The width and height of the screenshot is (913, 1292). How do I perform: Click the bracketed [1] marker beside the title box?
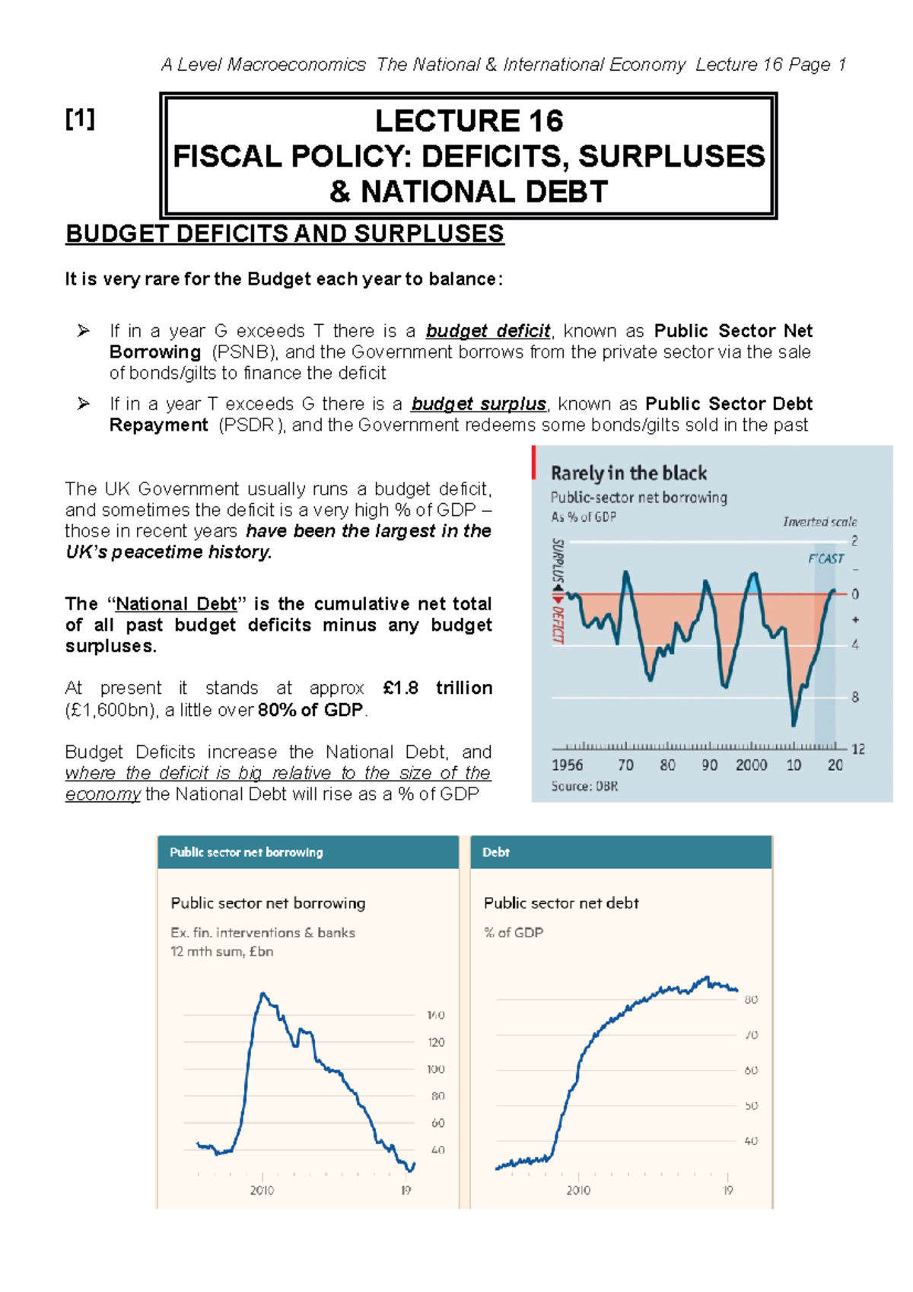pyautogui.click(x=80, y=119)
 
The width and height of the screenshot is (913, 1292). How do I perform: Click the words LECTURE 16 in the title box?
pyautogui.click(x=469, y=121)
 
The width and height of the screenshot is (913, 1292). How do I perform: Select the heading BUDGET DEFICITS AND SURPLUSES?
pyautogui.click(x=285, y=234)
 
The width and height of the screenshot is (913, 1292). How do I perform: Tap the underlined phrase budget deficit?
pyautogui.click(x=488, y=331)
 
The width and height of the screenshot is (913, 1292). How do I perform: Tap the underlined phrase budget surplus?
pyautogui.click(x=479, y=404)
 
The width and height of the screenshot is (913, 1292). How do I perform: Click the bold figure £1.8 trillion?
pyautogui.click(x=437, y=688)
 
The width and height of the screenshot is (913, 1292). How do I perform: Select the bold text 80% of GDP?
pyautogui.click(x=310, y=710)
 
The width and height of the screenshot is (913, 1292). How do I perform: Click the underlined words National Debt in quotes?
pyautogui.click(x=176, y=604)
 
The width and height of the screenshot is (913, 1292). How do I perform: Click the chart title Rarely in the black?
pyautogui.click(x=628, y=473)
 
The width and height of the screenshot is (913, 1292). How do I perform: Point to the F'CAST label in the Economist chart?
pyautogui.click(x=826, y=558)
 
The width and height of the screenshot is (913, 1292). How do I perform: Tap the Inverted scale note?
pyautogui.click(x=819, y=522)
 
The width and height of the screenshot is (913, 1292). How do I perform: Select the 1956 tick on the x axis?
pyautogui.click(x=567, y=765)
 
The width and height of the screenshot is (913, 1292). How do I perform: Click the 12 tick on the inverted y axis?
pyautogui.click(x=858, y=749)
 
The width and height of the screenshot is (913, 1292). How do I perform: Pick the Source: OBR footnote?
pyautogui.click(x=584, y=787)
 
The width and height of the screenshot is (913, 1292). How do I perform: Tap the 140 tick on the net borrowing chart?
pyautogui.click(x=436, y=1015)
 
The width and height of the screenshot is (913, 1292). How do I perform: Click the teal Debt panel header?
pyautogui.click(x=620, y=852)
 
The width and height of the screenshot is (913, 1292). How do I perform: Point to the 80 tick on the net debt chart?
pyautogui.click(x=750, y=1000)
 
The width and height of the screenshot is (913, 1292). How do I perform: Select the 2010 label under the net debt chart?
pyautogui.click(x=577, y=1190)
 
